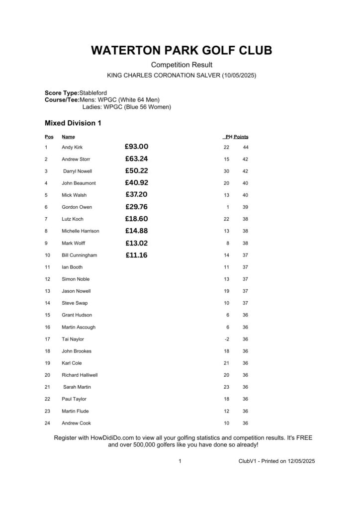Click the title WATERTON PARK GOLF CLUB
coord(181,51)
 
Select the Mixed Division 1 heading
coord(74,123)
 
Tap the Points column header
coord(241,137)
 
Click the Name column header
coord(68,137)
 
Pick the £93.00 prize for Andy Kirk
coord(137,147)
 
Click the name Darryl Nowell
coord(78,171)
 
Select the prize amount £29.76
coord(137,207)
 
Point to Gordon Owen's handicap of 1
coord(228,207)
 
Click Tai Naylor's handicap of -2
coord(227,339)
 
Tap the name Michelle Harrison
coord(80,231)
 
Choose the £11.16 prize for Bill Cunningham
coord(137,255)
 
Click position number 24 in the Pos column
coord(47,423)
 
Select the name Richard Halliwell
coord(80,375)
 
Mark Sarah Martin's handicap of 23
coord(227,387)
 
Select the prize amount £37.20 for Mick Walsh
coord(137,195)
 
